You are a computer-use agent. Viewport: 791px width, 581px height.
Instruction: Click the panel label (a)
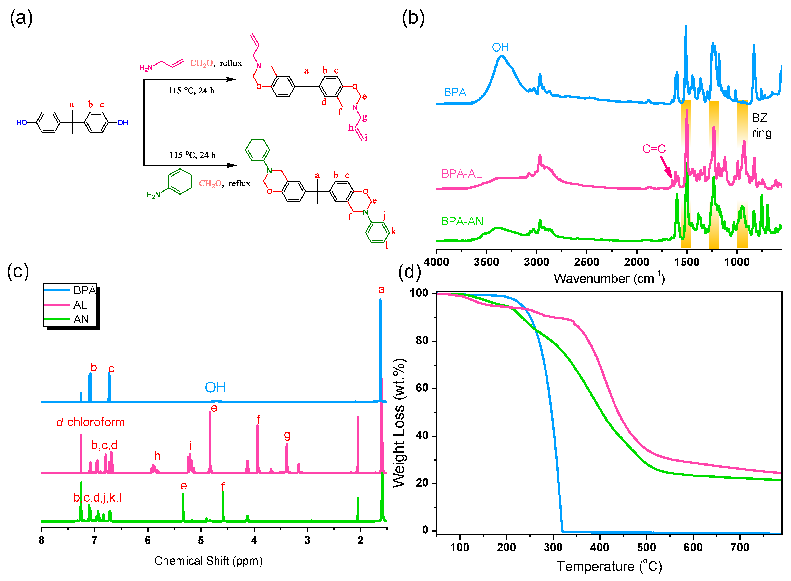coord(21,18)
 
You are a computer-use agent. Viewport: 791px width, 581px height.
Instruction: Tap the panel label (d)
coord(409,272)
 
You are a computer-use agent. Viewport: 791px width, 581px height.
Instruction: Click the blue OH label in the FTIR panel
coord(500,48)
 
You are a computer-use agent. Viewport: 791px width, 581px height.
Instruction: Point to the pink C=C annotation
coord(654,149)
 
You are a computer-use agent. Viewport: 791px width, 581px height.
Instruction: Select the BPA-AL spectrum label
coord(461,174)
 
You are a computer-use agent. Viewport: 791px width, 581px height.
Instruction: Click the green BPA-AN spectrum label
coord(462,221)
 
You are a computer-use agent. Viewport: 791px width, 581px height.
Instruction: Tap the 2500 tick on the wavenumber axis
coord(586,262)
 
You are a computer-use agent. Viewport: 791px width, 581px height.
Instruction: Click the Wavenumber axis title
coord(609,278)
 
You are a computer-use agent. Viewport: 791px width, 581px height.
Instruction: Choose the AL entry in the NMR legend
coord(80,305)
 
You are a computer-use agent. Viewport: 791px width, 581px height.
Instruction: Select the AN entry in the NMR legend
coord(81,319)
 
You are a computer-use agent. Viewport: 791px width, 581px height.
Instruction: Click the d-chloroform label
coord(90,422)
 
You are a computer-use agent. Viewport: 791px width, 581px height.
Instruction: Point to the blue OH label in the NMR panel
coord(215,388)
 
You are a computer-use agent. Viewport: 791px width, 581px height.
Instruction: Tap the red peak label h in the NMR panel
coord(157,456)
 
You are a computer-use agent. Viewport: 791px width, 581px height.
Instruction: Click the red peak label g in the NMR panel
coord(287,436)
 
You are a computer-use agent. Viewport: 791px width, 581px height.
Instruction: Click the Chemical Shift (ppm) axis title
coord(208,561)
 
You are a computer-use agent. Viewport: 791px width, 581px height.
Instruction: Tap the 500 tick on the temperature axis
coord(646,547)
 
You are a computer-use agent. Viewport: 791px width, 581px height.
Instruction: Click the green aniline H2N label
coord(153,195)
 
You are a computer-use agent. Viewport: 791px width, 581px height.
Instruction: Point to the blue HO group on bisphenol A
coord(21,123)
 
